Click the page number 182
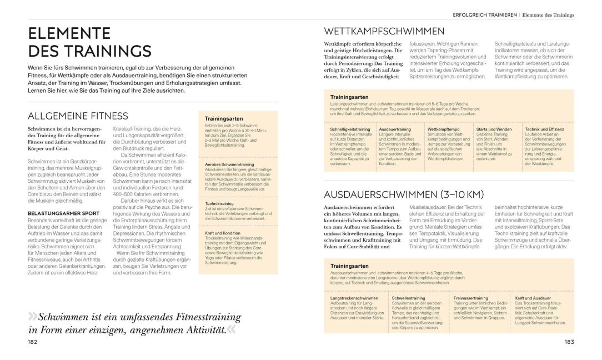[x=32, y=342]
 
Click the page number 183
[x=569, y=342]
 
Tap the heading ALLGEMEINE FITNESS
[x=78, y=116]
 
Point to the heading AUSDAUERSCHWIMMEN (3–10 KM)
[x=404, y=194]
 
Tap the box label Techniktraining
[x=219, y=204]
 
